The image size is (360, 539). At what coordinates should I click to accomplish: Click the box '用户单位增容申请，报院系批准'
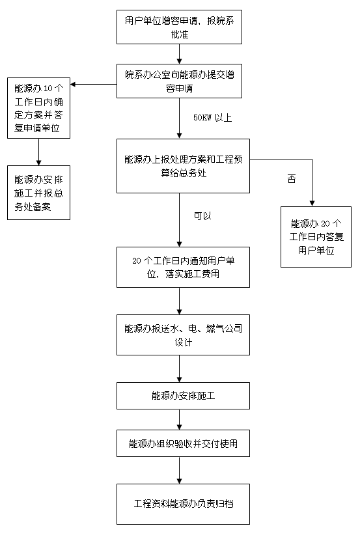pos(179,27)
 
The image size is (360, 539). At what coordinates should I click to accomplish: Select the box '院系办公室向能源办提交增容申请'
pos(179,81)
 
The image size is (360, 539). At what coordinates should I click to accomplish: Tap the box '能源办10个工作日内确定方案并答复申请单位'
pos(38,108)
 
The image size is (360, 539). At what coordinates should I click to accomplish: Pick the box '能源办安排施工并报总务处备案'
pos(38,193)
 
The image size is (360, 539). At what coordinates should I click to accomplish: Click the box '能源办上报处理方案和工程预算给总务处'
pos(183,166)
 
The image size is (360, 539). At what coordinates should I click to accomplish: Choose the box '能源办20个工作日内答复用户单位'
pos(316,237)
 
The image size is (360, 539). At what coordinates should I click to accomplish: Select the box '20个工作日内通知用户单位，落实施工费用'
pos(183,267)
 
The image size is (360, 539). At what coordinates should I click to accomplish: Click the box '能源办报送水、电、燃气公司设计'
pos(183,335)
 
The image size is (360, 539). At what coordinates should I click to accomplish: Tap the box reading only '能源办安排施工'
pos(183,396)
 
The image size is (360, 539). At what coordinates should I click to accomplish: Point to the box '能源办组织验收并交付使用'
pos(183,443)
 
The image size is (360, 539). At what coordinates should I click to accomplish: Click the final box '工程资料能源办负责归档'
pos(183,504)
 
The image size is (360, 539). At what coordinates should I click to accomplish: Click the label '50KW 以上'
pos(212,118)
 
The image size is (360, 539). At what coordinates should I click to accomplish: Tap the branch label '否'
pos(292,179)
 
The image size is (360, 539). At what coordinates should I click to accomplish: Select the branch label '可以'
pos(202,216)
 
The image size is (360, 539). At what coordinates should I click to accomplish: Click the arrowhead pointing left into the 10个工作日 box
pos(73,84)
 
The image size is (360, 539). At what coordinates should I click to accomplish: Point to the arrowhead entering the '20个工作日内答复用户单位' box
pos(312,204)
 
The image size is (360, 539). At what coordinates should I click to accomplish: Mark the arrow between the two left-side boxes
pos(38,152)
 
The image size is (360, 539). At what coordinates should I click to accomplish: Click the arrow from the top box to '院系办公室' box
pos(179,54)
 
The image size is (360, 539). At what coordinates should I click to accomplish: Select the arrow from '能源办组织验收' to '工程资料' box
pos(179,470)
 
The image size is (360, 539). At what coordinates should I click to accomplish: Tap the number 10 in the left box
pos(48,89)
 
